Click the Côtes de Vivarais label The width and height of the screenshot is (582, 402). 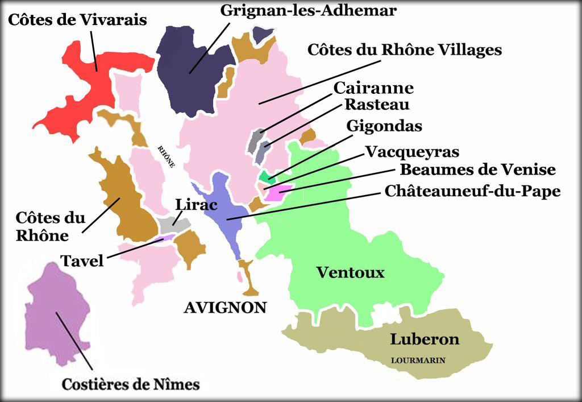(x=77, y=20)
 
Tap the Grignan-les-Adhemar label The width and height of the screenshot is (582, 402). (x=308, y=10)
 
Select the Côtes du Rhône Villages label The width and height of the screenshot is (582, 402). (x=404, y=50)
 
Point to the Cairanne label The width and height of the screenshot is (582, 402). (x=373, y=88)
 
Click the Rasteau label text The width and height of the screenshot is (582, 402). (x=377, y=105)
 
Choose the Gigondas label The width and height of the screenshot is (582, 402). (x=384, y=126)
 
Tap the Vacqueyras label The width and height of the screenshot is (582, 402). (x=412, y=152)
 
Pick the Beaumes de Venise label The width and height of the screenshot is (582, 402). (x=477, y=169)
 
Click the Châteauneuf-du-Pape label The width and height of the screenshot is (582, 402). (x=472, y=191)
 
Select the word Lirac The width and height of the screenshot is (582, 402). (x=197, y=205)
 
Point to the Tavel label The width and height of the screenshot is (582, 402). (x=82, y=261)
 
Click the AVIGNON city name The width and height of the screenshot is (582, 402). (x=225, y=308)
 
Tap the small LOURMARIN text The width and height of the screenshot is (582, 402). (x=418, y=360)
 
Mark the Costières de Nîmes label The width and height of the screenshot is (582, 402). (x=131, y=384)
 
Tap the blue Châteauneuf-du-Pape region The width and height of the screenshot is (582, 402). (x=225, y=210)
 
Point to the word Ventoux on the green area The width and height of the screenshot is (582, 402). (x=350, y=273)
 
